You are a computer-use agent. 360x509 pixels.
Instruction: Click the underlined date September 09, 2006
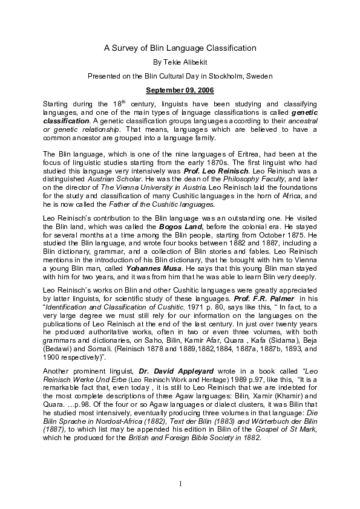[x=180, y=91]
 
